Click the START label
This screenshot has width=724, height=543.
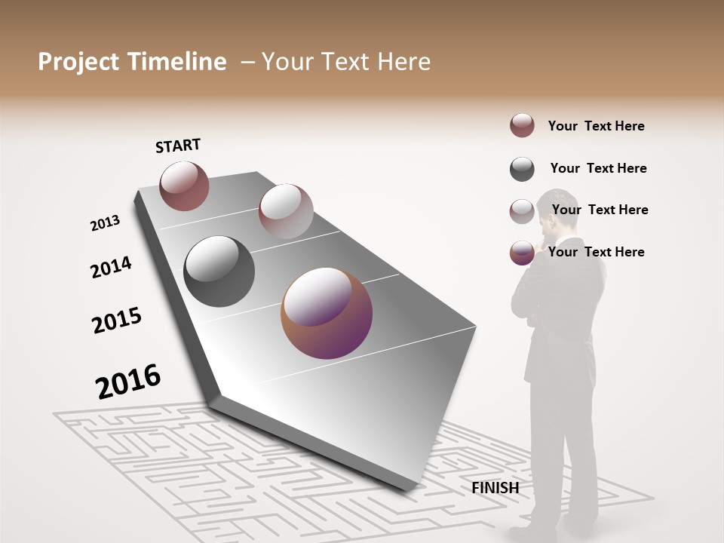coord(178,146)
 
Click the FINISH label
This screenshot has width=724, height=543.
coord(495,488)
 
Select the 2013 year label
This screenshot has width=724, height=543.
coord(105,223)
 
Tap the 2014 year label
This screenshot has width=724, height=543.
coord(111,268)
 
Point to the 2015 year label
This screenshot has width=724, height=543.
coord(117,321)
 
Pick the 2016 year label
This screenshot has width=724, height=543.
coord(128,381)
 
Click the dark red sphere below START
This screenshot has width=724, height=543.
coord(184,186)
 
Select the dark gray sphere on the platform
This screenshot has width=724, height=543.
coord(219,271)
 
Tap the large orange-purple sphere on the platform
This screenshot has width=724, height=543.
coord(327,314)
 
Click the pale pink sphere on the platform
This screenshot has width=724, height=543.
coord(286,211)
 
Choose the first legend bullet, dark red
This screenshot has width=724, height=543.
coord(522,126)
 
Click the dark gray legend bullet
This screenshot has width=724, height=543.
coord(522,169)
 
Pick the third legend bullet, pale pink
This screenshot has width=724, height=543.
coord(522,211)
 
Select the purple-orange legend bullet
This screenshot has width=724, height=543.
coord(522,253)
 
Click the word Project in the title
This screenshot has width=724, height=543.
coord(78,62)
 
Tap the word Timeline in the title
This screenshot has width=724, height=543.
coord(179,62)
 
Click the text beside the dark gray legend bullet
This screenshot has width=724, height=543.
coord(598,168)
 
